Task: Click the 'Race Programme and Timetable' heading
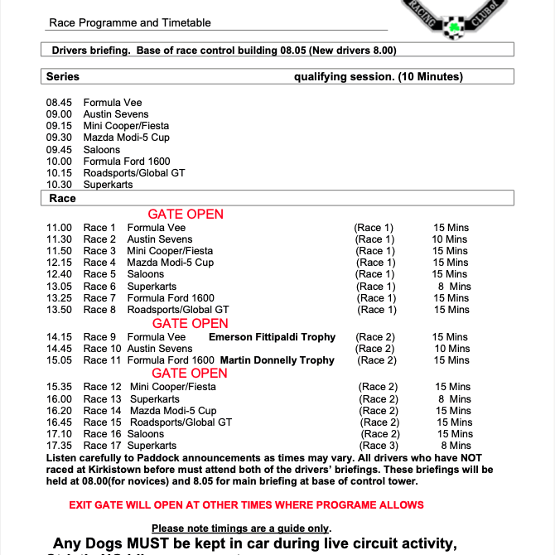130,23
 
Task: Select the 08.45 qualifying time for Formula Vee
59,103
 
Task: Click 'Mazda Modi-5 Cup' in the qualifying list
126,138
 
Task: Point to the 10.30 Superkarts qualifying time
59,185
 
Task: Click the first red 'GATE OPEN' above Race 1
186,214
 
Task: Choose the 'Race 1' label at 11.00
100,228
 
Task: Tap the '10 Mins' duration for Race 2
450,239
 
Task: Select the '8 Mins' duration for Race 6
453,287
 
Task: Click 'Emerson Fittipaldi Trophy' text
272,337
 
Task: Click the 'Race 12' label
102,387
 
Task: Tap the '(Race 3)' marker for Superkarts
379,446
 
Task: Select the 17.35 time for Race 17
59,446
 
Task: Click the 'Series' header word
63,77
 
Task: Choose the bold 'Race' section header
62,199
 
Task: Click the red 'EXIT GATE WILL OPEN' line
246,504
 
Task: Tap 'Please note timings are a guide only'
241,528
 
